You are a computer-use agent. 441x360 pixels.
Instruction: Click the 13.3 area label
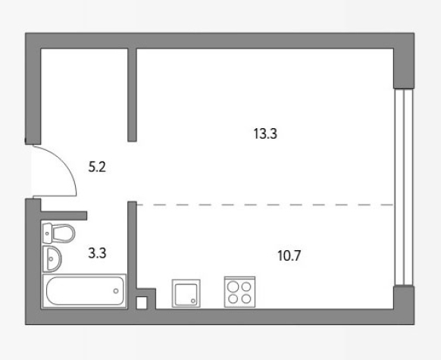[265, 133]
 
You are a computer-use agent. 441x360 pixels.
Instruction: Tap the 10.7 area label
[289, 255]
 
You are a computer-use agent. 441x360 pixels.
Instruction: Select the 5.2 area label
[97, 167]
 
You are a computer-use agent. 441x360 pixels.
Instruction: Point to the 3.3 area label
[97, 253]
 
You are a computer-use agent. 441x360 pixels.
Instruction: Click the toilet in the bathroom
[58, 233]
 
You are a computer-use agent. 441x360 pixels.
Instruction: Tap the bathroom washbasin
[52, 259]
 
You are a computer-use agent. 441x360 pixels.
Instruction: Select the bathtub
[84, 291]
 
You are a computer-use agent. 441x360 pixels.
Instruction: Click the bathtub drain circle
[116, 291]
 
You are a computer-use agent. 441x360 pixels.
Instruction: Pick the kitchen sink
[186, 293]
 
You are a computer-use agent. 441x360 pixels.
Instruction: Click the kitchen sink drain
[193, 301]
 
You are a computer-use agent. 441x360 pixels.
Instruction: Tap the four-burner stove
[239, 292]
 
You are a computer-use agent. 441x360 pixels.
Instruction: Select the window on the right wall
[404, 187]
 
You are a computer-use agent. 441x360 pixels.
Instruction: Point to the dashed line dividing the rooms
[264, 205]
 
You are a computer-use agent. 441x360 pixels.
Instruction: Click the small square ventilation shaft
[142, 303]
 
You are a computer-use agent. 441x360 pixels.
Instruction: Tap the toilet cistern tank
[47, 233]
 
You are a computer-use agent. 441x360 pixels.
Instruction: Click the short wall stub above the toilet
[64, 215]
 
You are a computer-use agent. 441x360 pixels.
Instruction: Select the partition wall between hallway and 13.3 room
[132, 95]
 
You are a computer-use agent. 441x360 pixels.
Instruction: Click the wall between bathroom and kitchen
[132, 255]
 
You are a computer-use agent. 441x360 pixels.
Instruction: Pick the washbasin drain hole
[51, 258]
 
